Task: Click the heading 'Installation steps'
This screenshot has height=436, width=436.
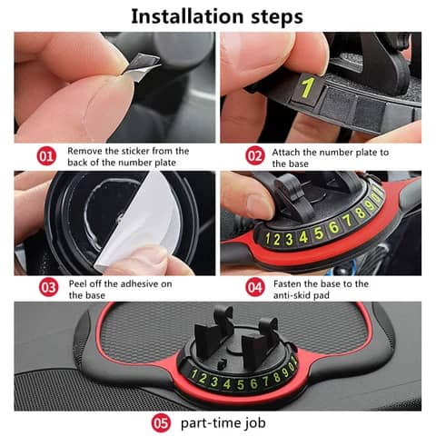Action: point(218,15)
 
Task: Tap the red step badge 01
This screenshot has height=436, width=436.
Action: point(47,156)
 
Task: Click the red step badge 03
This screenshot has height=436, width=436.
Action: point(47,290)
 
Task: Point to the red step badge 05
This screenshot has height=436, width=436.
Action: point(162,421)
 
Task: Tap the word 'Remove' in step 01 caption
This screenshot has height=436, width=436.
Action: point(86,151)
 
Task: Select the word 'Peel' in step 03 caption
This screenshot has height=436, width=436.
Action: point(79,284)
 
